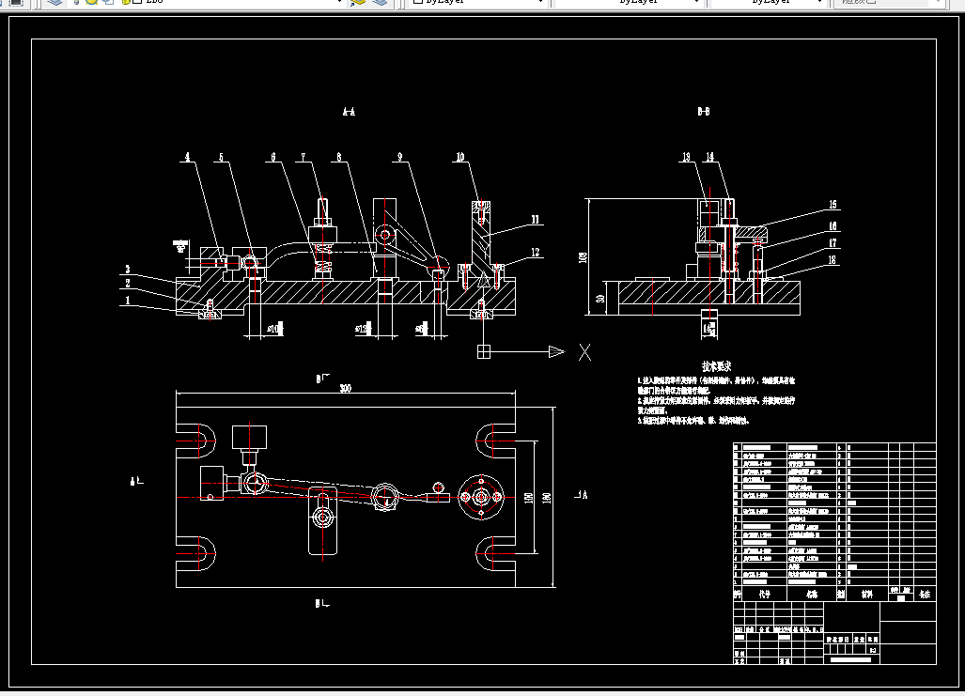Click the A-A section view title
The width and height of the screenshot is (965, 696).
click(349, 112)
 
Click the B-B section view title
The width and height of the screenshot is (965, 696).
click(703, 112)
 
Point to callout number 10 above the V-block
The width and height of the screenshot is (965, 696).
click(460, 157)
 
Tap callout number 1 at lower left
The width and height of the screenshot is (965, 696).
click(126, 302)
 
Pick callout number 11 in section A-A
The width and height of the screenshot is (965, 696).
click(535, 221)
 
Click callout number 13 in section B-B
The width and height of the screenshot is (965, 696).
click(687, 157)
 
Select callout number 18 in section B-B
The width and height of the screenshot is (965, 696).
click(831, 261)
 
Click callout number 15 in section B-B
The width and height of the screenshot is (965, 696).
click(831, 205)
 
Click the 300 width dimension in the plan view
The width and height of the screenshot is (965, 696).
click(345, 389)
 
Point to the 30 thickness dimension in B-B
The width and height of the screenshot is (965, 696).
click(598, 298)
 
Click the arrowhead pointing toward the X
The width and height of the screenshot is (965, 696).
click(555, 352)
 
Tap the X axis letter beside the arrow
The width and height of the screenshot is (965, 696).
click(584, 352)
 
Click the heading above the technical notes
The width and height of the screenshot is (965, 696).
click(716, 366)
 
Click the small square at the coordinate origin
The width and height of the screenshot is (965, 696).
click(483, 352)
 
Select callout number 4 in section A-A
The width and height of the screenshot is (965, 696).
click(187, 157)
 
